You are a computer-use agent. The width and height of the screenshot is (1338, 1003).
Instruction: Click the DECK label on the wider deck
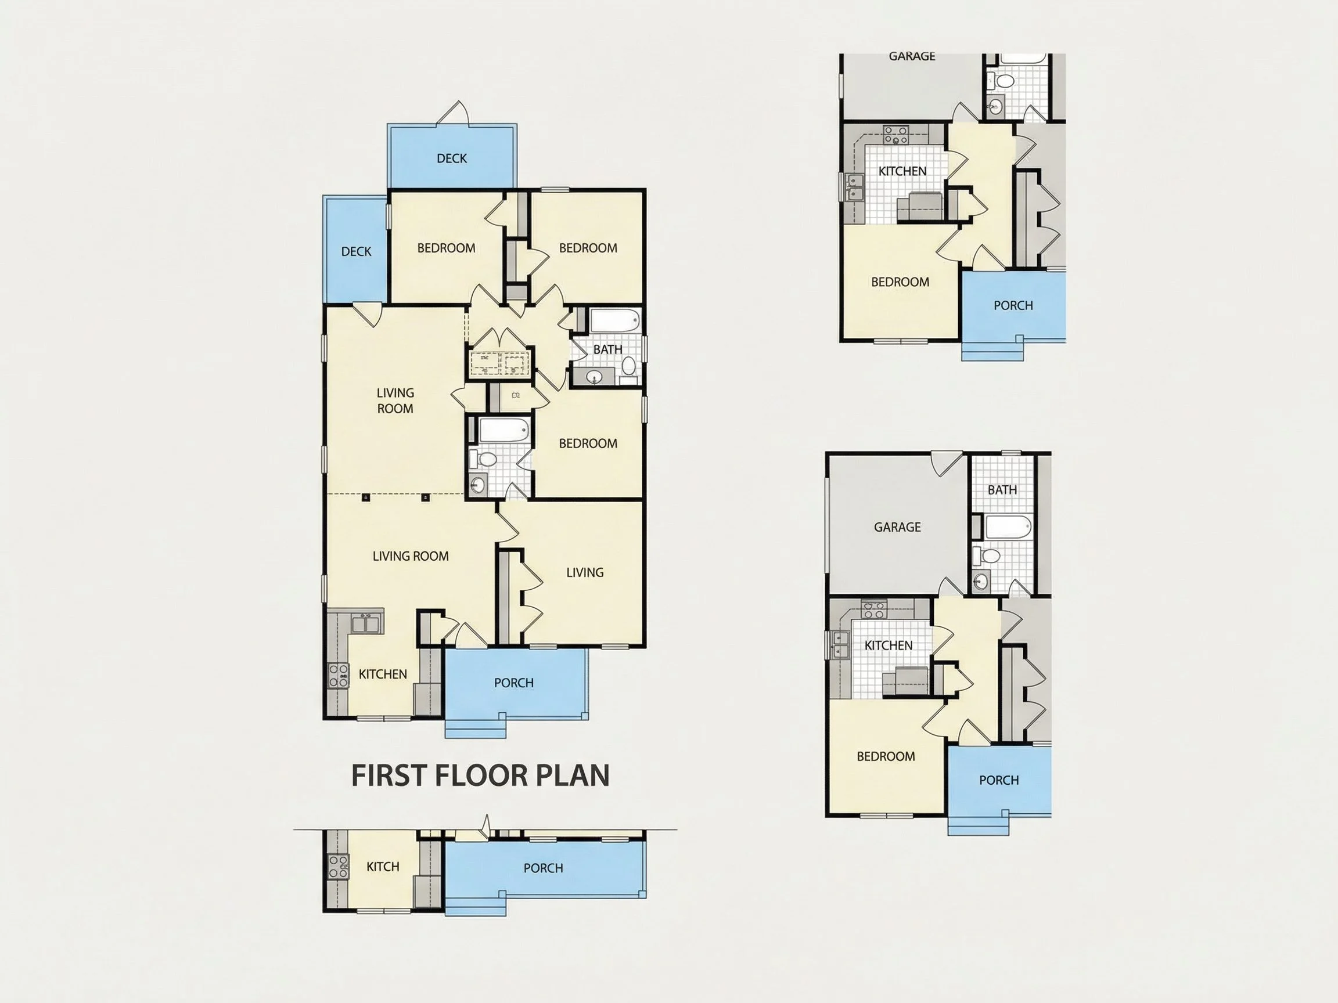point(452,158)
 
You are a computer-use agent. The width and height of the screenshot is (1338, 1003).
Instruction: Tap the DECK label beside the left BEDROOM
point(356,251)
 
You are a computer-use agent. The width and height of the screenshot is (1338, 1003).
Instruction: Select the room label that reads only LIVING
point(585,572)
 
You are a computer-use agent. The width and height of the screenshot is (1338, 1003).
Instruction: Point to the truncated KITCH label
point(383,867)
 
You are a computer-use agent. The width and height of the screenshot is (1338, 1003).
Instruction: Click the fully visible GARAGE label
point(898,527)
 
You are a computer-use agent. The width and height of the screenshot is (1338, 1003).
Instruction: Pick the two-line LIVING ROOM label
point(395,401)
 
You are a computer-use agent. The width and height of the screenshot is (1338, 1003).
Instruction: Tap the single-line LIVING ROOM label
point(411,556)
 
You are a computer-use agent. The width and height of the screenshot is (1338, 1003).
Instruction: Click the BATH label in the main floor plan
point(608,349)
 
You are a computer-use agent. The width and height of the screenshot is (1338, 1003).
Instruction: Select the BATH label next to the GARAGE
point(1002,490)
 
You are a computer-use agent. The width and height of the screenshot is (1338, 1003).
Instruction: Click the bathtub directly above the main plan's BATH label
point(615,320)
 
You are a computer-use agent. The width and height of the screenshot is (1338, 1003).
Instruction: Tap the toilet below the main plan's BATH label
point(629,365)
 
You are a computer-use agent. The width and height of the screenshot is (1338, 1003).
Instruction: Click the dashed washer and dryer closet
point(500,362)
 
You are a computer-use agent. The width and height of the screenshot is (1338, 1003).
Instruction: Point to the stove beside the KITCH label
point(338,865)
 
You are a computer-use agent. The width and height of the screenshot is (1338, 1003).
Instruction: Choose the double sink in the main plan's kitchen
point(365,623)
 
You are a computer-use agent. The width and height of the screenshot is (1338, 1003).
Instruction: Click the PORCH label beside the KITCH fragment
point(543,868)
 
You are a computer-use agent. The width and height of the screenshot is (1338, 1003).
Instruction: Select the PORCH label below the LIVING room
point(513,683)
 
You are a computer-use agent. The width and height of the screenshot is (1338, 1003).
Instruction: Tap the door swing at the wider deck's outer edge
point(455,113)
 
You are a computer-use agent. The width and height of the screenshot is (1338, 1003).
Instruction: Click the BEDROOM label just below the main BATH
point(588,444)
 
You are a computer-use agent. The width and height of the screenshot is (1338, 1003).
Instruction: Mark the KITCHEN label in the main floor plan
point(383,674)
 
